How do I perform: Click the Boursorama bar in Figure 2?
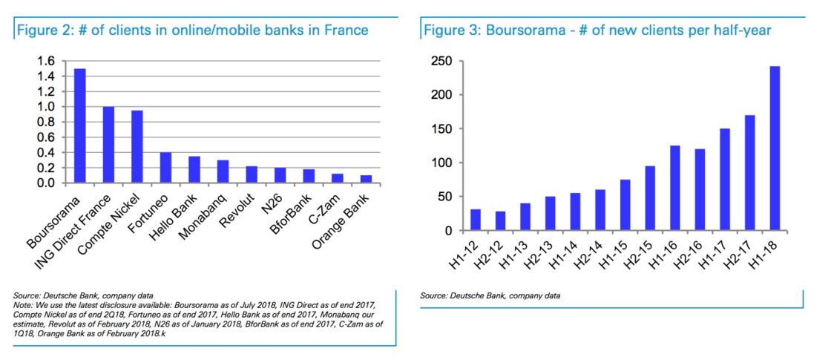tap(79, 125)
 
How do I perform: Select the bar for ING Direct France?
tap(108, 145)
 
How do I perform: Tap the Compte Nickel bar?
tap(137, 147)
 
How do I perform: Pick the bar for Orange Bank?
tap(367, 179)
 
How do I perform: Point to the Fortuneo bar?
tap(166, 168)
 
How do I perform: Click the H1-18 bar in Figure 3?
tap(774, 148)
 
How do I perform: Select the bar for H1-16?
tap(674, 189)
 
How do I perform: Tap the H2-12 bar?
tap(500, 221)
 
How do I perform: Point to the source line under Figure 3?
tap(490, 296)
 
